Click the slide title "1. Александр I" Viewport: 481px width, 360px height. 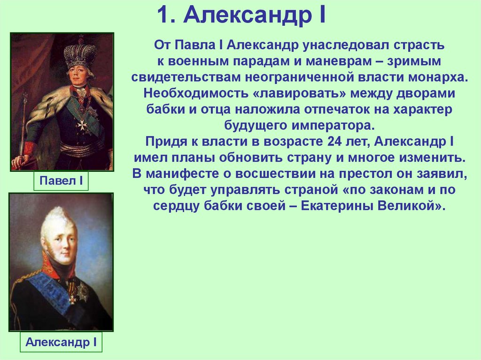pyautogui.click(x=240, y=15)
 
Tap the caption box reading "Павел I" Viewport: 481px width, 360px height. pyautogui.click(x=61, y=181)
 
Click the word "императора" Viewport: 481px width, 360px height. pyautogui.click(x=328, y=126)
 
